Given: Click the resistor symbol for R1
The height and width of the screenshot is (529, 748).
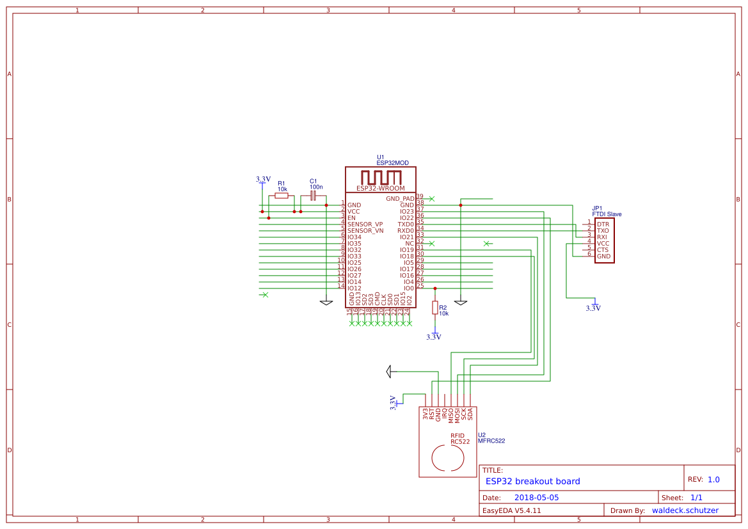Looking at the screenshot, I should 282,196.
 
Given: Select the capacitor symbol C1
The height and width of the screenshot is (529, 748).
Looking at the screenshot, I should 313,196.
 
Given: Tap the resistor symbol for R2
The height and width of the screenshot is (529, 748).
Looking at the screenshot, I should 435,308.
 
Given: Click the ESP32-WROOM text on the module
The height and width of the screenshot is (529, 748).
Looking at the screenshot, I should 380,189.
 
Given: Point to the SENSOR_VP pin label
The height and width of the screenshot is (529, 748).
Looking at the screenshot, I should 365,225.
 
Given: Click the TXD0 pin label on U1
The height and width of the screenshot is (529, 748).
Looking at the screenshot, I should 405,225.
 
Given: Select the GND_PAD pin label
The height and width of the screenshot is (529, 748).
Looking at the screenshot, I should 400,199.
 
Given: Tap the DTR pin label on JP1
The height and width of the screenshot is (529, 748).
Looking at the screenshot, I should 603,225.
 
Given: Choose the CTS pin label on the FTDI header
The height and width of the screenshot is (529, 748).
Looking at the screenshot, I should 603,250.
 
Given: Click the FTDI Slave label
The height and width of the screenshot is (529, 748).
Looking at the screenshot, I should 607,214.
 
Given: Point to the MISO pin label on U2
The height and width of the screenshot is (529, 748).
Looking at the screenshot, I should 451,415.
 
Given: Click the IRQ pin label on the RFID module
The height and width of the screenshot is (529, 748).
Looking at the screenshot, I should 445,414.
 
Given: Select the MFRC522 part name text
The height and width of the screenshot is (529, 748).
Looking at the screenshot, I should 491,441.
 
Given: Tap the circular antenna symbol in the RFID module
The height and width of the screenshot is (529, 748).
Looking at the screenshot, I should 448,458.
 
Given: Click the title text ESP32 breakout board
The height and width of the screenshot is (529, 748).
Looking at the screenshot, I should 532,482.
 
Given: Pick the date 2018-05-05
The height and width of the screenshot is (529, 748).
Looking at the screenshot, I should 536,498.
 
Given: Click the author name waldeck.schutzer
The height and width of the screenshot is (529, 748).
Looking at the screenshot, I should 685,510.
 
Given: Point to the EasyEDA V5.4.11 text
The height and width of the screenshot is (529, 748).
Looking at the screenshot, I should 511,510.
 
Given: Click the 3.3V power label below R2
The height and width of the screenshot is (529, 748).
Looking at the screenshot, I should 434,336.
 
